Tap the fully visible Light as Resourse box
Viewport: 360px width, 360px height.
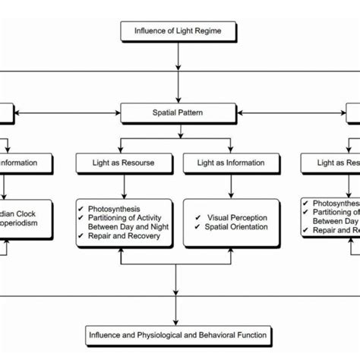point(127,163)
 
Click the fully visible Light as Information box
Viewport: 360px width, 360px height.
point(231,163)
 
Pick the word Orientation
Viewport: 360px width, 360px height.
point(245,226)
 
